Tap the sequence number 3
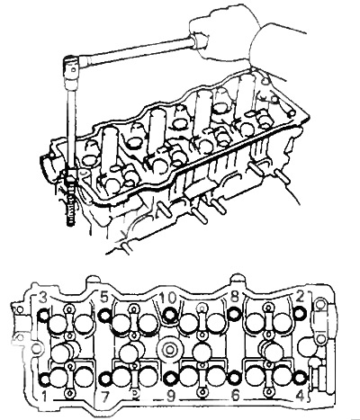[43, 299]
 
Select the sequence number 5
[104, 298]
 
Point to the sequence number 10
[167, 298]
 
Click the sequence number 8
[234, 298]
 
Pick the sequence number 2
[300, 297]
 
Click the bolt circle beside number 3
[44, 315]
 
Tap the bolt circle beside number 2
[300, 314]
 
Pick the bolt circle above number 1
[45, 380]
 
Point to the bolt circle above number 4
[300, 378]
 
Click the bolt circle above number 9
[171, 379]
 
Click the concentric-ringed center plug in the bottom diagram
[168, 350]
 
